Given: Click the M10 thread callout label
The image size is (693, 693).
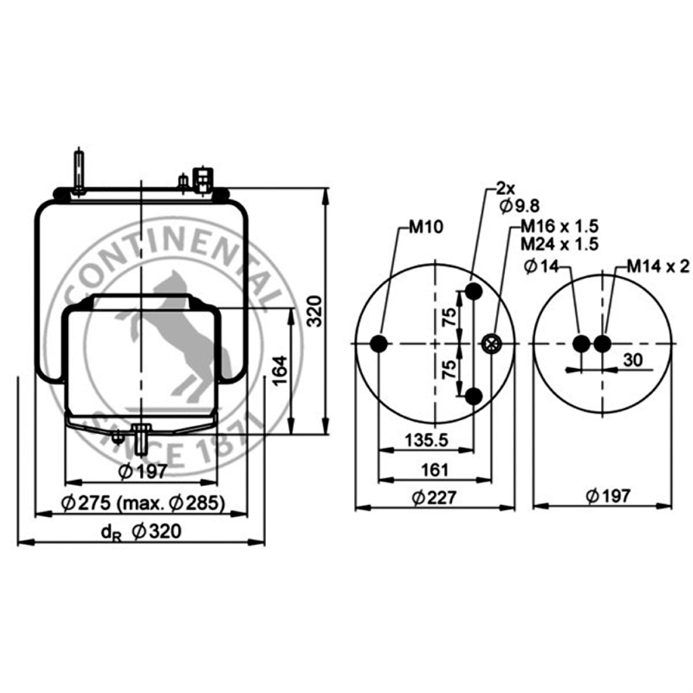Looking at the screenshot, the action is point(426,227).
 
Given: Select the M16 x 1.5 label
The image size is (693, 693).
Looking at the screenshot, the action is point(560,226).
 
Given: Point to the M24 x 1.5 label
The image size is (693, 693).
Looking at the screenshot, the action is point(560,244).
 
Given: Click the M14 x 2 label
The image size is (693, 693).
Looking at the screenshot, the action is point(658,266).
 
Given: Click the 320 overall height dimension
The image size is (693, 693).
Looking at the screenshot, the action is point(315,311).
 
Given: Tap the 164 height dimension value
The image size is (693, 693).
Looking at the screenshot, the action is point(280,371).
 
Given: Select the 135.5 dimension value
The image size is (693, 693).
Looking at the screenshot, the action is point(426,440).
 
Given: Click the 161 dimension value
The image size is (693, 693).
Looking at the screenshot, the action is point(435,470).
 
